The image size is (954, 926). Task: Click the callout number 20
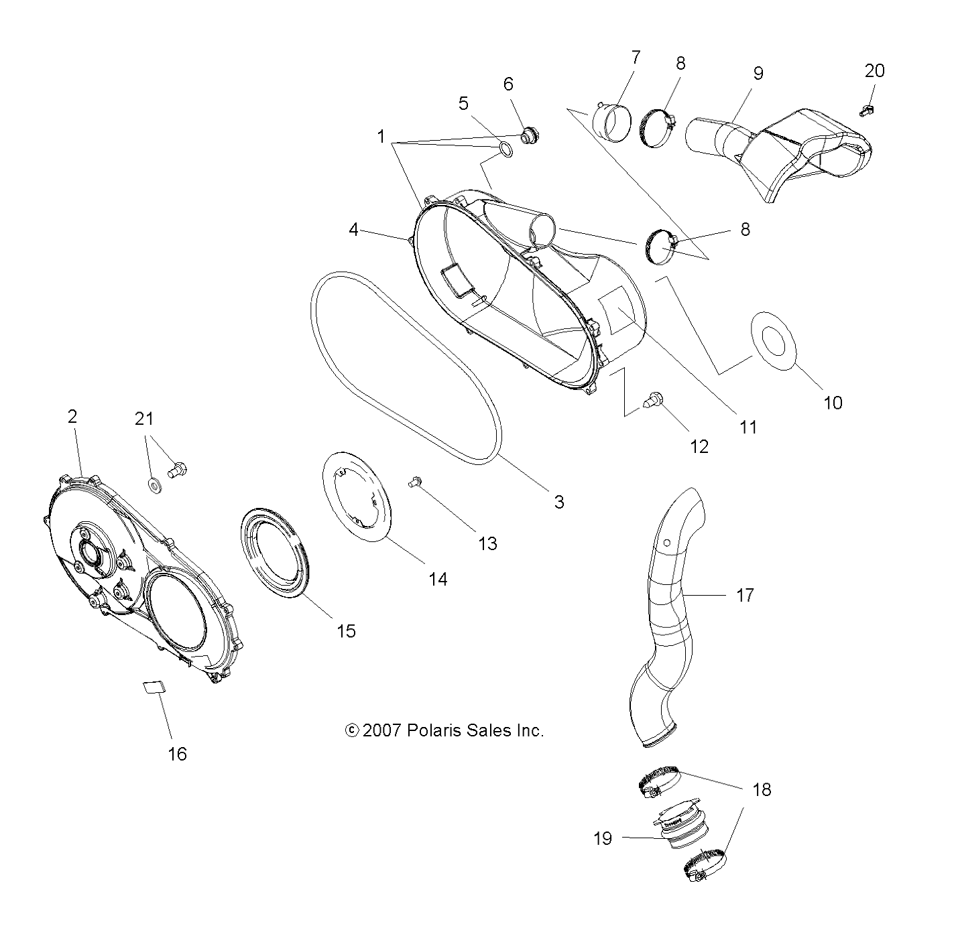point(874,71)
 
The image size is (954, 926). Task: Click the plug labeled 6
point(530,135)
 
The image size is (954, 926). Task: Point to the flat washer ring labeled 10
point(774,341)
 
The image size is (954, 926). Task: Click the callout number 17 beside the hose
point(744,594)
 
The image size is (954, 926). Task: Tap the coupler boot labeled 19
point(678,832)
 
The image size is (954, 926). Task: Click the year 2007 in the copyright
point(381,730)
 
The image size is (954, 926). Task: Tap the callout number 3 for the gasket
point(558,501)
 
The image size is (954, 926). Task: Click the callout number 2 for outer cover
point(72,416)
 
